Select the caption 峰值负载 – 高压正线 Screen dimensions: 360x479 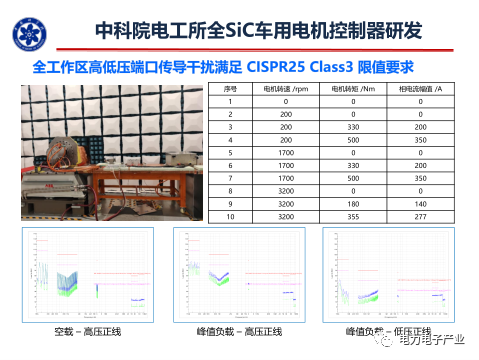click(x=238, y=331)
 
